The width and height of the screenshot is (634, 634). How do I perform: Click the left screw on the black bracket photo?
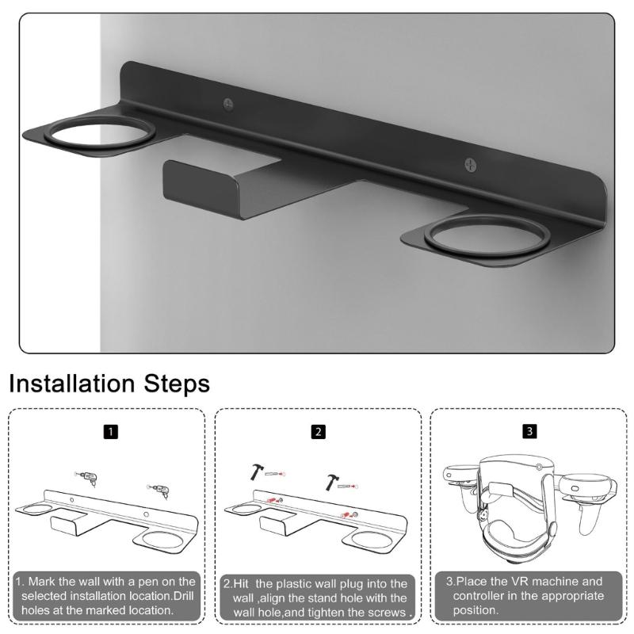[x=228, y=103]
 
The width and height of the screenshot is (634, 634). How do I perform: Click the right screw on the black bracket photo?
[x=472, y=165]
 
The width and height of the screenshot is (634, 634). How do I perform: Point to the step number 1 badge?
[x=112, y=433]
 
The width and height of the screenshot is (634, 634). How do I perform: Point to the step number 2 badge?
[x=318, y=433]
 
